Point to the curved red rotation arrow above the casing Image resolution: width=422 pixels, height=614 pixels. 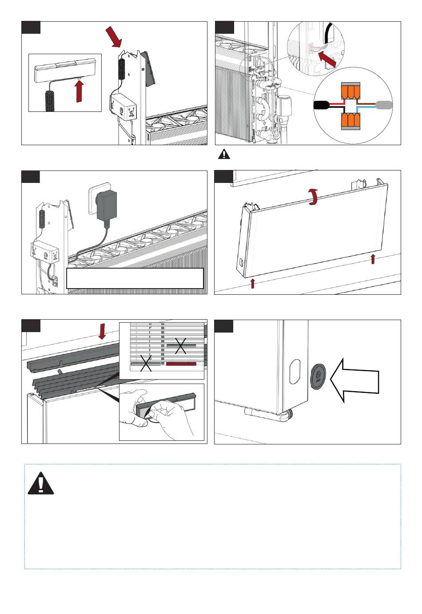click(314, 196)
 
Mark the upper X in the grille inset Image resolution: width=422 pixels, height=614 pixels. click(180, 345)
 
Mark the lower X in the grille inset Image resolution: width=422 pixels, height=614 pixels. click(146, 363)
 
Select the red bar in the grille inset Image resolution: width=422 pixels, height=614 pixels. click(181, 364)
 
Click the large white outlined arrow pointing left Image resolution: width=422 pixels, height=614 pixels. click(356, 380)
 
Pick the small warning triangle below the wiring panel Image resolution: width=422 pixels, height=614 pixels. click(224, 154)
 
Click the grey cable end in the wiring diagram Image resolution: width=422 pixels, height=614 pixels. click(384, 105)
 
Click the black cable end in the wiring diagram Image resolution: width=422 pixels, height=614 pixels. click(322, 105)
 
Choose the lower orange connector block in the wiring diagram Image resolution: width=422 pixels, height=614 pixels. click(350, 121)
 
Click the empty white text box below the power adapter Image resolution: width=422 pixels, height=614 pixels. click(135, 278)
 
